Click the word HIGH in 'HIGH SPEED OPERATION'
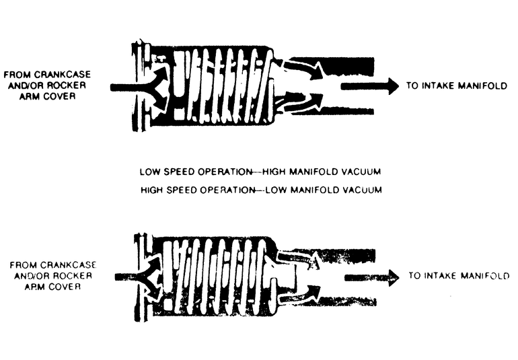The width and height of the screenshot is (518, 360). pyautogui.click(x=152, y=190)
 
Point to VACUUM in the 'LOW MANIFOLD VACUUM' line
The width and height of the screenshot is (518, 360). pyautogui.click(x=362, y=190)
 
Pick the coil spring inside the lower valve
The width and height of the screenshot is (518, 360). pyautogui.click(x=215, y=276)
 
